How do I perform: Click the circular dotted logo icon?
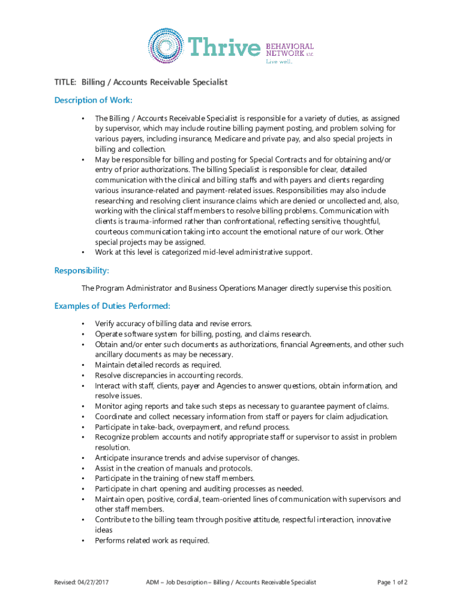[166, 46]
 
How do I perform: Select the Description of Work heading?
[93, 100]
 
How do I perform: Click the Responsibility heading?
[82, 271]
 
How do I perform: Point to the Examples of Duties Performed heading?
[112, 306]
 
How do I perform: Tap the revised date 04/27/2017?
[97, 582]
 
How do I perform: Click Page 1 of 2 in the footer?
[392, 582]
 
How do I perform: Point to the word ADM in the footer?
[154, 582]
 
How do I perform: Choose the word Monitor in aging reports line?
[109, 406]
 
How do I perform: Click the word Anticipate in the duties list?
[113, 458]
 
